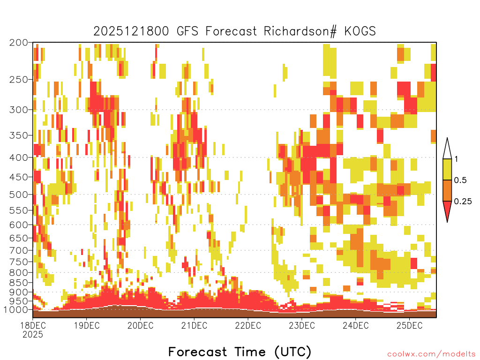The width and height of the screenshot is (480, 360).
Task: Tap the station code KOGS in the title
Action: point(360,31)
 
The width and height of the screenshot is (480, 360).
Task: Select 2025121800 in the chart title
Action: point(131,31)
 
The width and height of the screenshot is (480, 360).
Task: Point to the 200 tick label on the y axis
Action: point(19,43)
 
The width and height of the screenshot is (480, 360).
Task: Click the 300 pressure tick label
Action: point(19,110)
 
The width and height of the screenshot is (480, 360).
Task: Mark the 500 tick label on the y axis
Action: point(19,195)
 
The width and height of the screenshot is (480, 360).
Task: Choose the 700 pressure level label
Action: point(19,250)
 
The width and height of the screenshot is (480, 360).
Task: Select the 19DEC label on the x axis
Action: point(87,325)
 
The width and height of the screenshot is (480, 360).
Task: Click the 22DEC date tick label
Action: point(248,325)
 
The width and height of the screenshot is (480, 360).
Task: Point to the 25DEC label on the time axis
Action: point(409,325)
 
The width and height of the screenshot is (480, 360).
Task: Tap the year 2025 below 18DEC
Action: point(33,334)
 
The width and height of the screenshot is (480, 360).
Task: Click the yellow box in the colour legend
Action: point(447,169)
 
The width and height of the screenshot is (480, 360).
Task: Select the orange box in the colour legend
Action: point(447,190)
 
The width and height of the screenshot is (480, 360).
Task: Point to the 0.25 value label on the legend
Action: point(463,201)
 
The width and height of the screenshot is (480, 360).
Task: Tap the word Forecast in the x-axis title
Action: point(198,352)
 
